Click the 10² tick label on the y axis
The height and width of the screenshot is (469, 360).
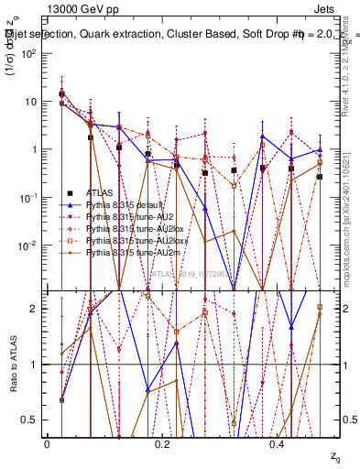29,53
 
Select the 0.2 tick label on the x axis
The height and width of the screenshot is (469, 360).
162,444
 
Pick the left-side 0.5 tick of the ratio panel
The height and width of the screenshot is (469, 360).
32,420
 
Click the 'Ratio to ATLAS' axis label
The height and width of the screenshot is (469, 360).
13,365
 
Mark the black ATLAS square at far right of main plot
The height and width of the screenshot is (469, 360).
319,177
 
